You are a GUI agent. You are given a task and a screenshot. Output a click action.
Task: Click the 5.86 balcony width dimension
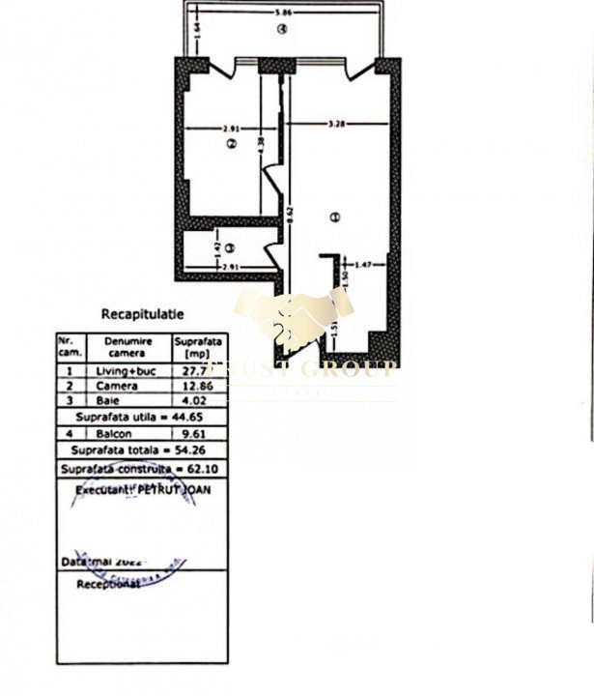(x=283, y=13)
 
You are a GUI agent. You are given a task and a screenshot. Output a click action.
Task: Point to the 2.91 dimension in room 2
(x=230, y=128)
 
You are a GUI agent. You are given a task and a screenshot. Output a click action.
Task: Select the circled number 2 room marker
(x=230, y=145)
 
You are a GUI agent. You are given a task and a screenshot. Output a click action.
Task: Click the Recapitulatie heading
(x=142, y=314)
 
